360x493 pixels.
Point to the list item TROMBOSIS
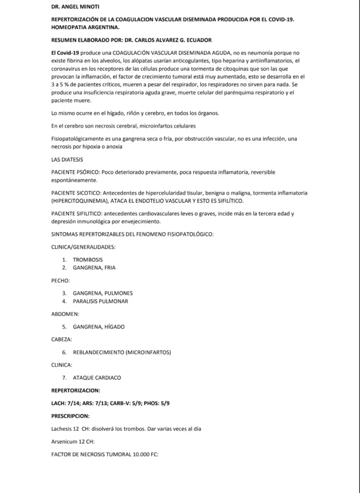88,259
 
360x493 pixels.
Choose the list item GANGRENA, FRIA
94,267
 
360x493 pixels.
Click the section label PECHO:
61,280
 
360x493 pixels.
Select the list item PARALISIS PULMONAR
100,301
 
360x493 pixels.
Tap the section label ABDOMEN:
65,313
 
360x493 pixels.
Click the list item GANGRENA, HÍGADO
98,326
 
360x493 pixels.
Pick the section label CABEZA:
62,339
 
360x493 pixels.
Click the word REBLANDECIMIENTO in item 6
98,352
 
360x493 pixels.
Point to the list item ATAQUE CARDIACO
97,377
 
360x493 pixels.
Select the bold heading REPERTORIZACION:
76,390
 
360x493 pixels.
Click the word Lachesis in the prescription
65,428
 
